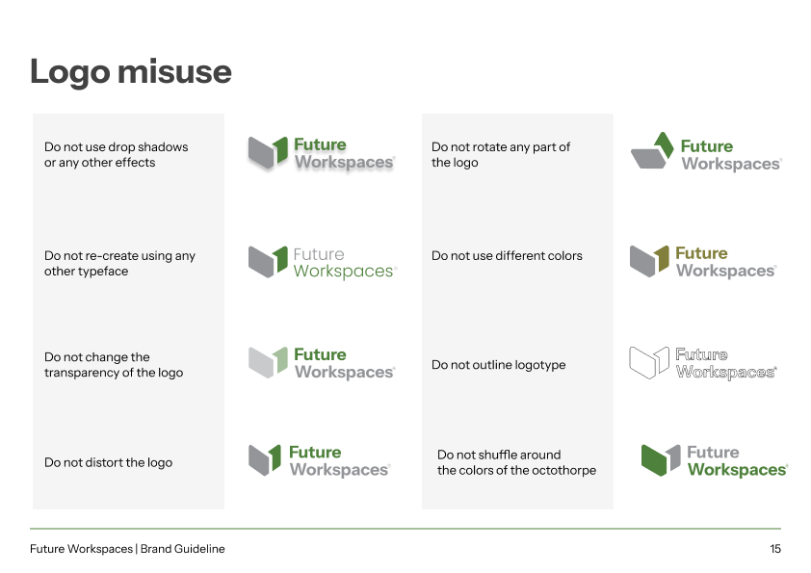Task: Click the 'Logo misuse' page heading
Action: point(131,72)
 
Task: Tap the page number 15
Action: point(775,549)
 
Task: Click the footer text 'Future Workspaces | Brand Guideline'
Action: point(127,549)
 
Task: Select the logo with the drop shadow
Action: point(321,154)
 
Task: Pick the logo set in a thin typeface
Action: point(322,262)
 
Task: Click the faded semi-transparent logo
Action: point(321,363)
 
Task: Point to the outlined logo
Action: point(702,363)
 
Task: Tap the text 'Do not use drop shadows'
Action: point(117,147)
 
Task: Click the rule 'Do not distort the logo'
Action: point(109,462)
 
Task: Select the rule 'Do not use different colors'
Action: point(507,256)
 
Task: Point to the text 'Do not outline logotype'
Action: point(499,365)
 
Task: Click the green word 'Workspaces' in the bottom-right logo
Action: point(737,470)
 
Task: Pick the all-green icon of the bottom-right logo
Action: point(661,459)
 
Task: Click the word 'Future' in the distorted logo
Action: point(315,452)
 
